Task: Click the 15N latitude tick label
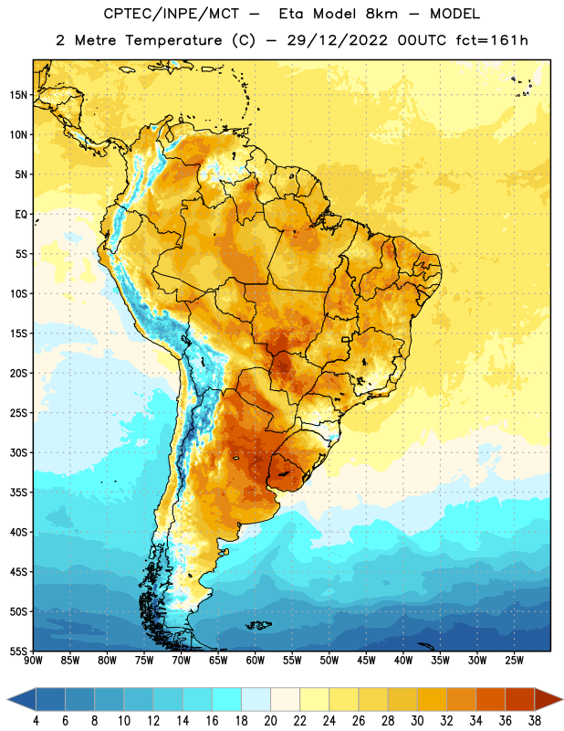click(x=18, y=95)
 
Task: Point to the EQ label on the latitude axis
click(x=21, y=215)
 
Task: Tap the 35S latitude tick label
click(x=18, y=493)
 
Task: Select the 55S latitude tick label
click(x=18, y=651)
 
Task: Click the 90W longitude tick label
click(x=33, y=661)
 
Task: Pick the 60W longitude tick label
click(x=256, y=661)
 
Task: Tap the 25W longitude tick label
click(x=514, y=661)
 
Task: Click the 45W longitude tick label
click(x=366, y=661)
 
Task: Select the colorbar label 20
click(x=270, y=721)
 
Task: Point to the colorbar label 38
click(x=535, y=721)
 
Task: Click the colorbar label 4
click(x=36, y=721)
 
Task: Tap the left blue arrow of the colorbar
click(x=21, y=700)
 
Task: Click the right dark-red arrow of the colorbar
click(x=549, y=700)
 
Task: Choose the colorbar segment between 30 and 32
click(x=432, y=700)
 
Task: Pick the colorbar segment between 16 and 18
click(x=226, y=700)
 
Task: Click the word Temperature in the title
click(x=173, y=40)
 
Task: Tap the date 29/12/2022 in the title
click(x=337, y=40)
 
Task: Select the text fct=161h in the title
click(x=492, y=40)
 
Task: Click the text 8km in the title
click(x=381, y=14)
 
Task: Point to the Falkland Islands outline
click(x=259, y=625)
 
